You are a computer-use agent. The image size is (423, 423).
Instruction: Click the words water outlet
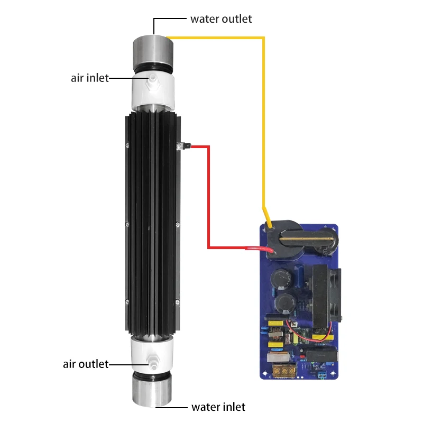(x=221, y=19)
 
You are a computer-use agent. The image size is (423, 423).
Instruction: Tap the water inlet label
(x=218, y=407)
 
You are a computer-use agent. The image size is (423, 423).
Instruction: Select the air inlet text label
(x=89, y=78)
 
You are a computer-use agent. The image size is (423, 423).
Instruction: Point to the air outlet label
(x=85, y=364)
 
